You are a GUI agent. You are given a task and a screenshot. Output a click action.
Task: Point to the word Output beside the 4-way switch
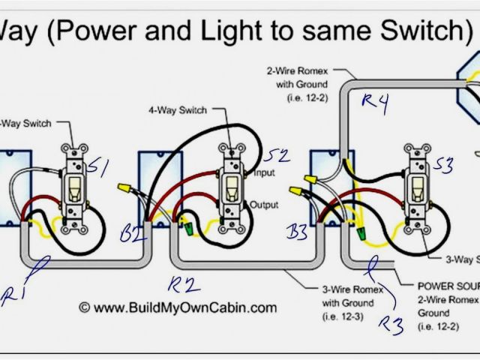pos(265,205)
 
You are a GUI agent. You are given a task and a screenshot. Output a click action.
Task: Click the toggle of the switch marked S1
pos(75,187)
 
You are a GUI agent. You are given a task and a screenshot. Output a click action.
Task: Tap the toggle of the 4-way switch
pos(230,187)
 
